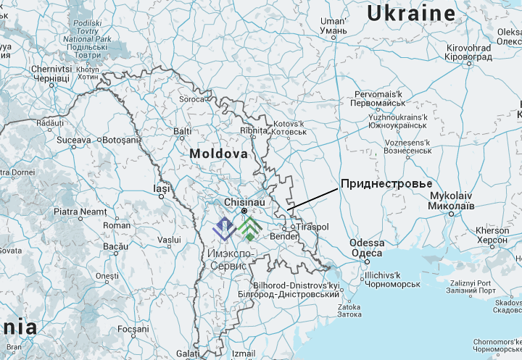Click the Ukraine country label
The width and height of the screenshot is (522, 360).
pyautogui.click(x=411, y=13)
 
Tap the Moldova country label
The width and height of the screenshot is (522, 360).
pyautogui.click(x=218, y=154)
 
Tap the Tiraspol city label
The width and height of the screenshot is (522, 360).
pyautogui.click(x=312, y=227)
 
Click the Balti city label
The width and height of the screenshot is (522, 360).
pyautogui.click(x=182, y=131)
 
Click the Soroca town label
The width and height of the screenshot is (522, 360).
pyautogui.click(x=192, y=99)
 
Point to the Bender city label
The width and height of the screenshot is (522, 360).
pyautogui.click(x=283, y=236)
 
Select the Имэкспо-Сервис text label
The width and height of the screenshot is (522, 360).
pyautogui.click(x=229, y=260)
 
